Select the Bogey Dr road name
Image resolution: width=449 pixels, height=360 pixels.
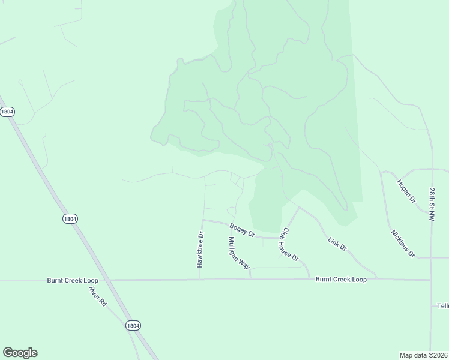[243, 229]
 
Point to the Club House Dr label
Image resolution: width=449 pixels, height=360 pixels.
[290, 244]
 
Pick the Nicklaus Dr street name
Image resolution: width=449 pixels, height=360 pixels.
[403, 244]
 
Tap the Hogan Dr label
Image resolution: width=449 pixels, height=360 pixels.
[406, 190]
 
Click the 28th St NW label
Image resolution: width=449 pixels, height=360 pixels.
[432, 204]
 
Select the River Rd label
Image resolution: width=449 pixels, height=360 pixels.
[97, 296]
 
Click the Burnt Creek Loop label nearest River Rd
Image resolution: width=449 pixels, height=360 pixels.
[72, 280]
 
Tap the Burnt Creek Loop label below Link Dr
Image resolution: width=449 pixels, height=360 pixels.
[341, 280]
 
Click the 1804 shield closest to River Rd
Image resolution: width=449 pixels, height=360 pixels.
[133, 325]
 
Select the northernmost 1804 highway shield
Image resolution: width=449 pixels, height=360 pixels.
[7, 112]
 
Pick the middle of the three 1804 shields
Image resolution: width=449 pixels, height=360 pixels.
[70, 219]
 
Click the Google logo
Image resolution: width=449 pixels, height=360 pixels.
[20, 352]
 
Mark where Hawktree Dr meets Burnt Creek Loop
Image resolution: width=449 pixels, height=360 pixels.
[200, 279]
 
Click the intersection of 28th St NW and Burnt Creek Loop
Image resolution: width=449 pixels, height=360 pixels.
[431, 280]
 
